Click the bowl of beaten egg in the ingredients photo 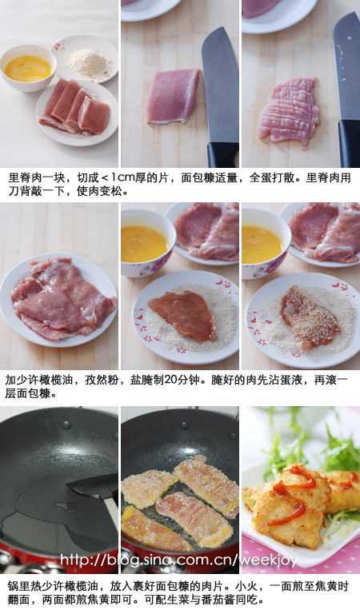[27, 68]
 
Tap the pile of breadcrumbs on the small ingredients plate [87, 62]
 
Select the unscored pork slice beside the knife [173, 96]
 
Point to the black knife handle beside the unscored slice [223, 154]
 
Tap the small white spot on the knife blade [349, 38]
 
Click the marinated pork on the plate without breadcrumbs [62, 297]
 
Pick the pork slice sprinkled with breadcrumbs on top [309, 317]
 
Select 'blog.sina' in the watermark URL [133, 560]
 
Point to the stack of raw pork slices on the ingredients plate [74, 108]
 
